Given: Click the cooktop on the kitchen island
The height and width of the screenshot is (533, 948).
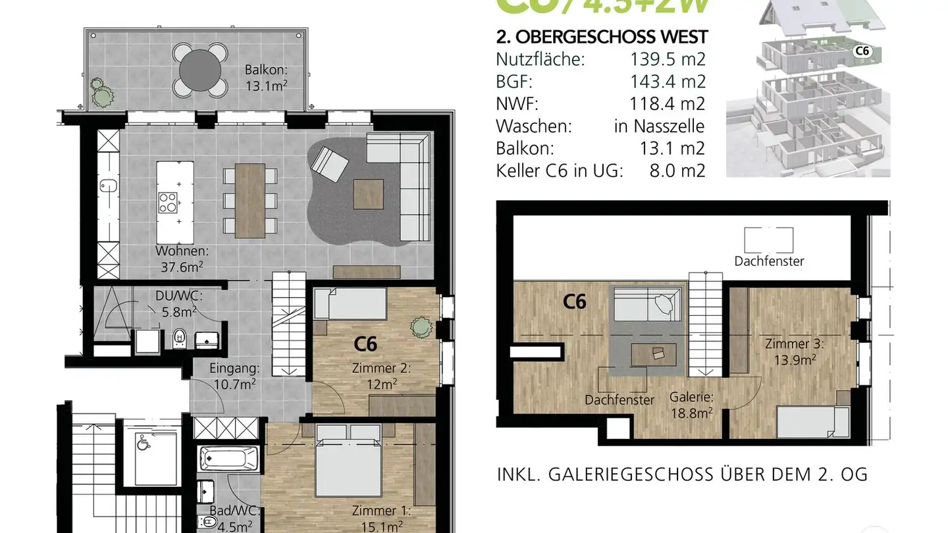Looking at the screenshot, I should [x=167, y=201].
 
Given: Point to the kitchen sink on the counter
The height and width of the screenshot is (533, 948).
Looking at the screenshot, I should [x=108, y=186].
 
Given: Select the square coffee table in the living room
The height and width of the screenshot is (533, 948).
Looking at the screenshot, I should [x=369, y=193].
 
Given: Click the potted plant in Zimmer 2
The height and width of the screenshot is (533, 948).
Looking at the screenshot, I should [x=419, y=326].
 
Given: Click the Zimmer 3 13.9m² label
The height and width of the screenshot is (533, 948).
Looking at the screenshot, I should [x=794, y=351].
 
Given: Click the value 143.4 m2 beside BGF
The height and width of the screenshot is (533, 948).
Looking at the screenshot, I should [x=668, y=82].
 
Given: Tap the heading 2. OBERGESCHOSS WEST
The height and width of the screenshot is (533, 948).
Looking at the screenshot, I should [x=602, y=37].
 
